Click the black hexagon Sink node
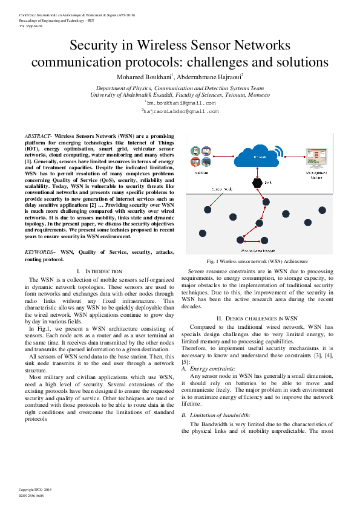(x=257, y=183)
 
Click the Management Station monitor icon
(x=316, y=156)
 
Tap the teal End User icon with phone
(x=195, y=151)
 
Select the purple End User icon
(x=206, y=151)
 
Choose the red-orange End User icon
(x=195, y=162)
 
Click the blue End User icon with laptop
(x=206, y=162)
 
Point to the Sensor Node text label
(x=222, y=189)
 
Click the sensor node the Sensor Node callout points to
(x=208, y=210)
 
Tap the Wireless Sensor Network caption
(x=258, y=250)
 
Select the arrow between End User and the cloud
(x=224, y=157)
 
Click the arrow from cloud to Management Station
(x=294, y=157)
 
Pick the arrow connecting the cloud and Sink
(x=257, y=172)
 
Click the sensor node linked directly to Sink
(x=266, y=202)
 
